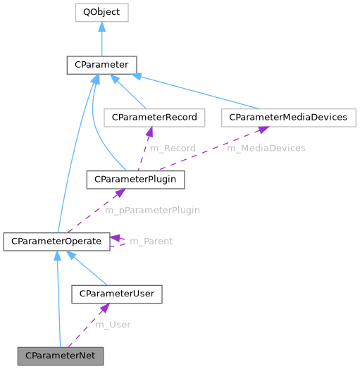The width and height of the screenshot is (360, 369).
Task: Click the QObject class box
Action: pyautogui.click(x=102, y=12)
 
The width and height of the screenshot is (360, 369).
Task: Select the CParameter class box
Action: pyautogui.click(x=102, y=65)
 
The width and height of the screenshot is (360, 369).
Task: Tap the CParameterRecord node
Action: pyautogui.click(x=150, y=117)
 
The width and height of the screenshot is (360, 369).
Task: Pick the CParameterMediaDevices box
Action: pyautogui.click(x=284, y=117)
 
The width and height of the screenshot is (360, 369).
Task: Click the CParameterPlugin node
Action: pyautogui.click(x=135, y=180)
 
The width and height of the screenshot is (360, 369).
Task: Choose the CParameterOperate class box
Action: pyautogui.click(x=56, y=242)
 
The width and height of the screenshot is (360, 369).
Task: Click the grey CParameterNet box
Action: pyautogui.click(x=60, y=356)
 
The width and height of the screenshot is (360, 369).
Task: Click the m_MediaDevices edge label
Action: pyautogui.click(x=266, y=149)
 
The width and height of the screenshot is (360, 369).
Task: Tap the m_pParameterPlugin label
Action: pyautogui.click(x=151, y=211)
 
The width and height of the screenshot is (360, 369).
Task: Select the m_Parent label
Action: pyautogui.click(x=151, y=242)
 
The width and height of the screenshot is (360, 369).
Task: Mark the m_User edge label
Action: pyautogui.click(x=113, y=325)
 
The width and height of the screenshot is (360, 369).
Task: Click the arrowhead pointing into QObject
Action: pyautogui.click(x=102, y=26)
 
